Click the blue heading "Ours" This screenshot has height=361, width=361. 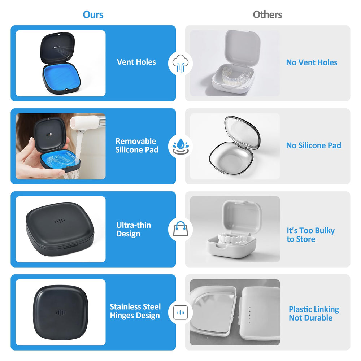pyautogui.click(x=93, y=14)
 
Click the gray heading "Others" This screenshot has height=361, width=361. pyautogui.click(x=267, y=14)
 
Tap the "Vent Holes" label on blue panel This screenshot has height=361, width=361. pyautogui.click(x=136, y=62)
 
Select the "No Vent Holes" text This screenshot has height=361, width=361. pyautogui.click(x=312, y=62)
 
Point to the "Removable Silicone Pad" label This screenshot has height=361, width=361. pyautogui.click(x=137, y=145)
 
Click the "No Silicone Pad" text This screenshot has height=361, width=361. pyautogui.click(x=314, y=145)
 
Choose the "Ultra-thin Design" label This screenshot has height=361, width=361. pyautogui.click(x=134, y=229)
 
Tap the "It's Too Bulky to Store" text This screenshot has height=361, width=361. pyautogui.click(x=310, y=235)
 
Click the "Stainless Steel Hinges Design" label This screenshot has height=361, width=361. pyautogui.click(x=135, y=311)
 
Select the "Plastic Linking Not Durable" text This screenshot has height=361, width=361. pyautogui.click(x=314, y=313)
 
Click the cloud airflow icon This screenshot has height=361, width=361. pyautogui.click(x=180, y=63)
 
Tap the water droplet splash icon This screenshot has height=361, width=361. pyautogui.click(x=180, y=147)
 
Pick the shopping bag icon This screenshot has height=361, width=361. pyautogui.click(x=180, y=229)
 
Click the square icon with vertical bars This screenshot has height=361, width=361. pyautogui.click(x=180, y=312)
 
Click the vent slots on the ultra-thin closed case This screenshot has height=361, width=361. pyautogui.click(x=60, y=221)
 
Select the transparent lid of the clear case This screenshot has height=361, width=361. pyautogui.click(x=242, y=132)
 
